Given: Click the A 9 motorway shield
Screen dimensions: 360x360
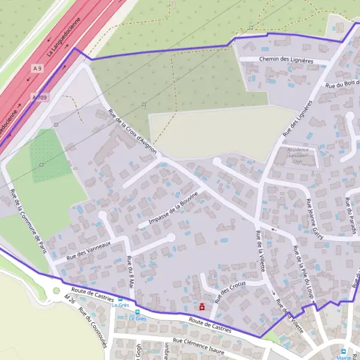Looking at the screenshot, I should (x=38, y=69).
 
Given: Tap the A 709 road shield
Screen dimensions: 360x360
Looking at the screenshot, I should (x=40, y=97).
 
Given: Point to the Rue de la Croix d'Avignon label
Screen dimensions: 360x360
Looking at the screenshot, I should (x=132, y=132).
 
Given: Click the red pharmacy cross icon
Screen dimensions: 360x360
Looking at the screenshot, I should (x=202, y=307).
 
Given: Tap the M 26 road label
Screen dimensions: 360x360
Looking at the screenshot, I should (x=71, y=301).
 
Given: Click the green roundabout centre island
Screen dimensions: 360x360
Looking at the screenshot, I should (x=56, y=292).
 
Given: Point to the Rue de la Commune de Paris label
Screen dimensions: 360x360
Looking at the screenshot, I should (x=28, y=221).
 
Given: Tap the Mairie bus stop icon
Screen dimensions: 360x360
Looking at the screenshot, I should (x=343, y=352).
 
